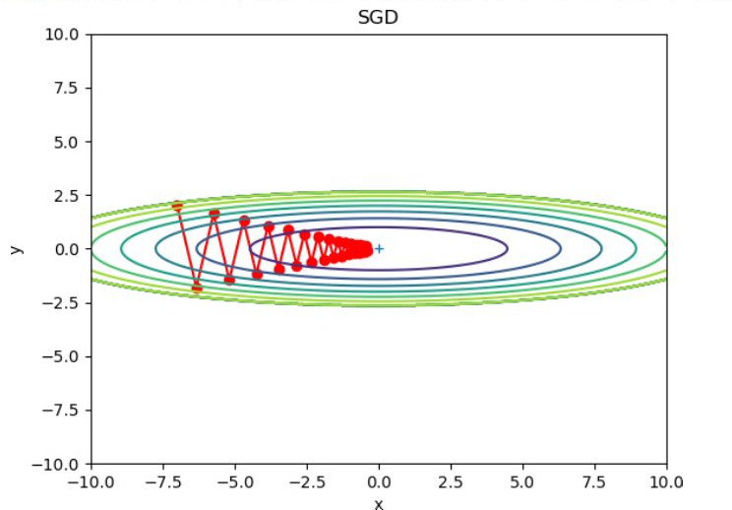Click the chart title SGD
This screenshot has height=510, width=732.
pos(378,18)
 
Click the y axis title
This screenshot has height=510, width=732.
pos(16,248)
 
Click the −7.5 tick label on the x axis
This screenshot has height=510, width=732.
pos(163,481)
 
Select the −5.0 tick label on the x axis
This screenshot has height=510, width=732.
pos(235,481)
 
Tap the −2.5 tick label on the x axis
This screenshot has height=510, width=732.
pos(307,481)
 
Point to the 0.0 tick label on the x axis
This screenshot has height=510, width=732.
pos(379,481)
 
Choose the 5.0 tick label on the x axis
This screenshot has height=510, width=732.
pos(522,481)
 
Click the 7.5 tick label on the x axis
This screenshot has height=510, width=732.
pos(594,481)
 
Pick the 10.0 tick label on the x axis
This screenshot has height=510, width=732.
pos(666,481)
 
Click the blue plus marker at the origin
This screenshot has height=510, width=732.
pos(379,249)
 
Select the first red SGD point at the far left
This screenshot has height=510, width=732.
pos(177,206)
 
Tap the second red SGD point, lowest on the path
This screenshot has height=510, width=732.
pos(197,287)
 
